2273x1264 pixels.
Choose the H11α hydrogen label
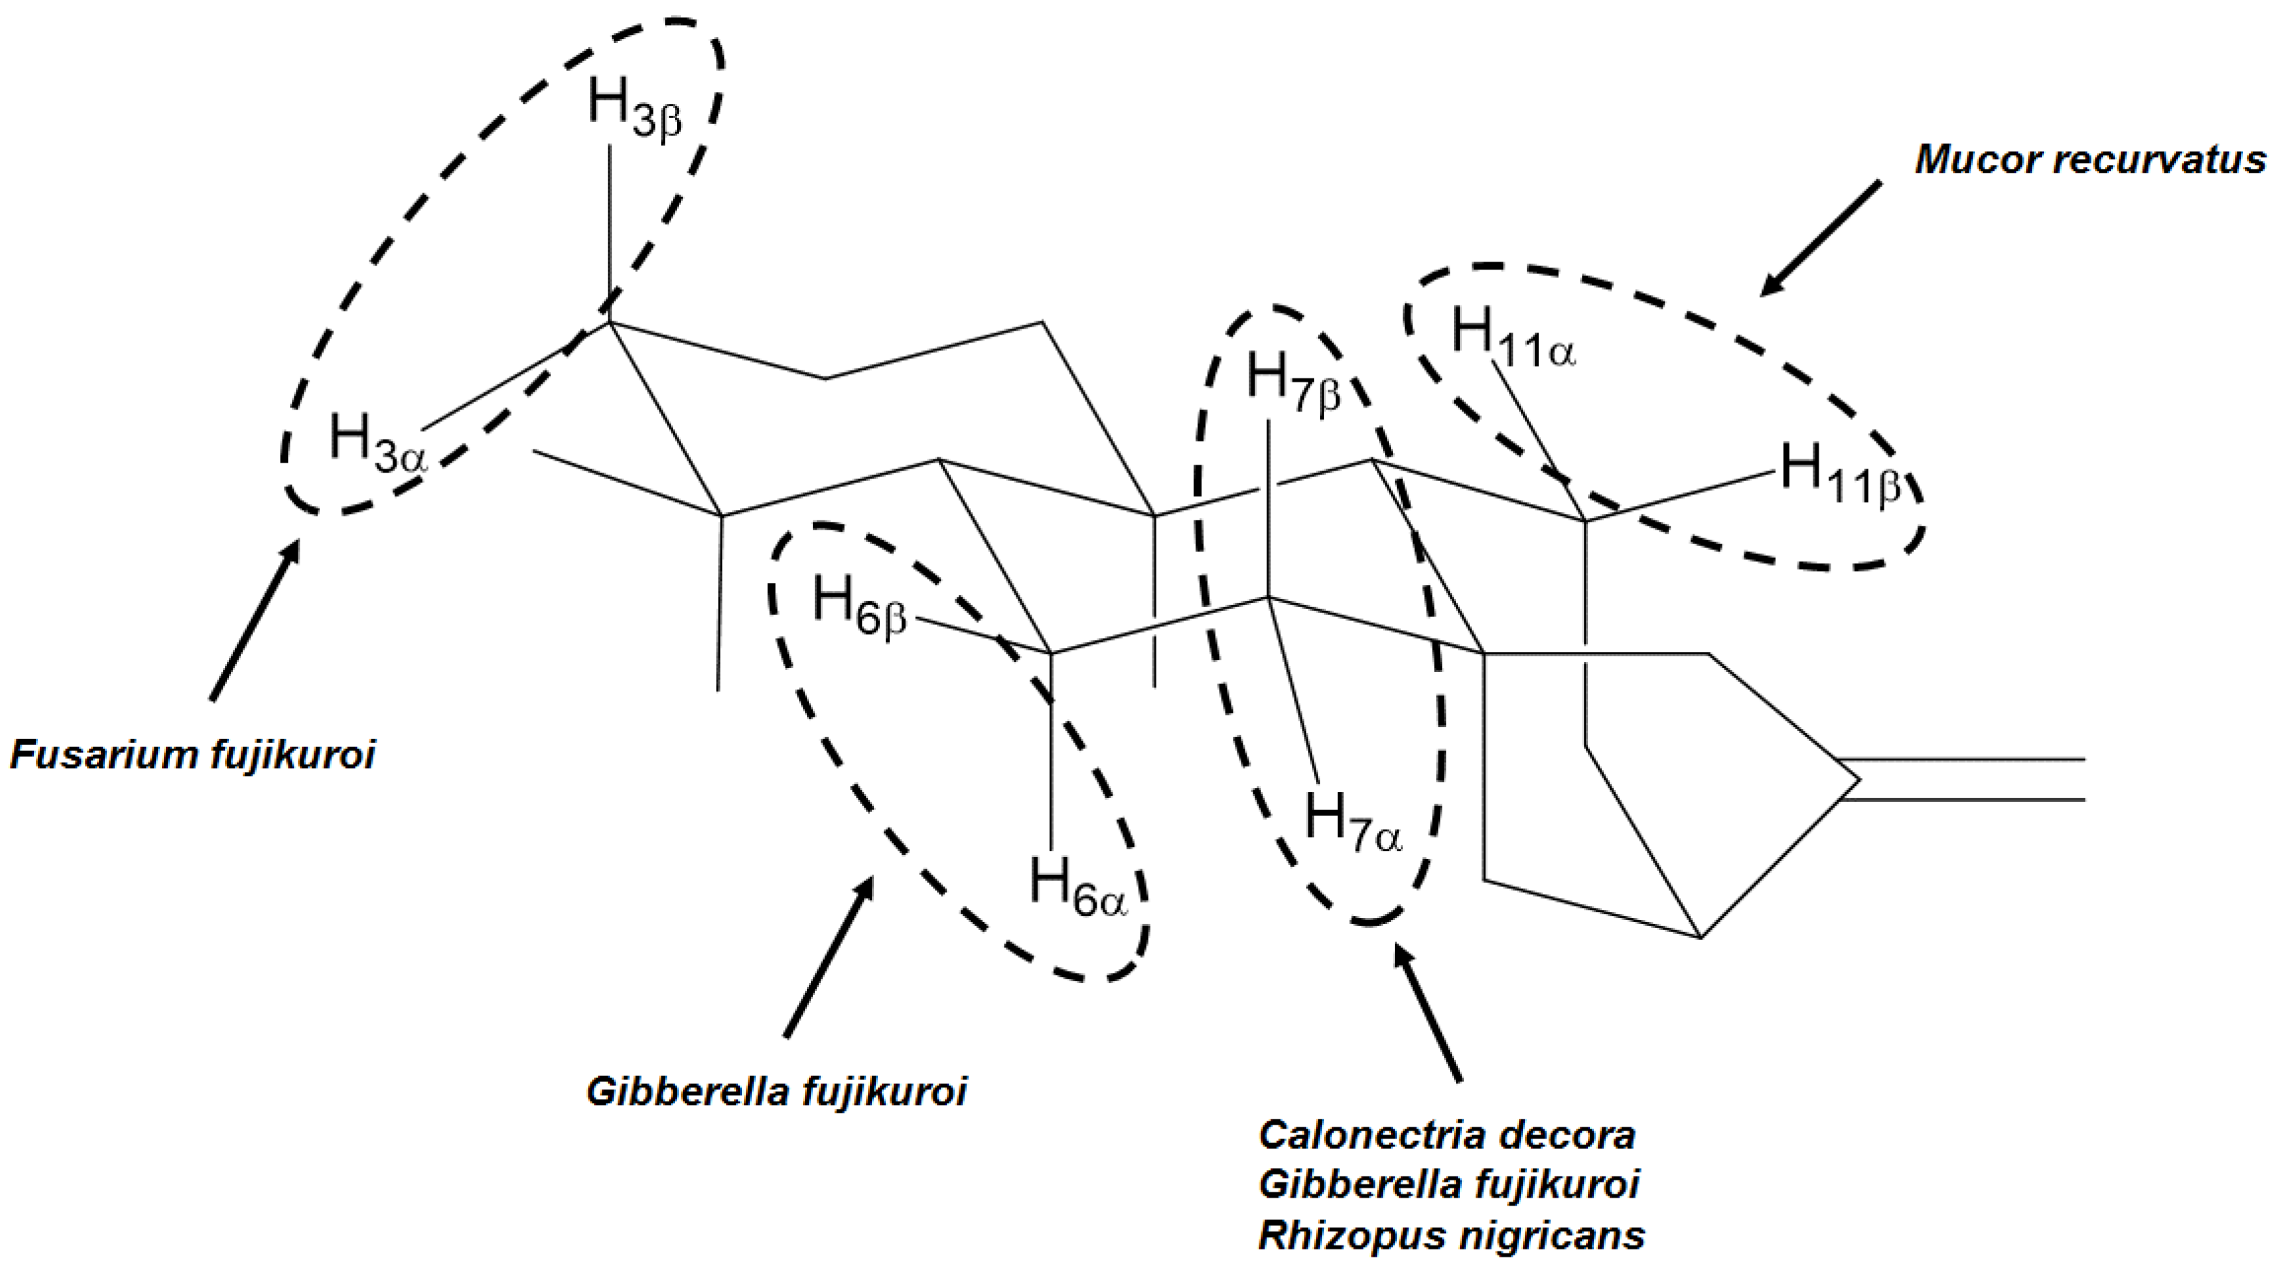(x=1512, y=339)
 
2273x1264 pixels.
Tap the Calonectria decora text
(x=1447, y=1135)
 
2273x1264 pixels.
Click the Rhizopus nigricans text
(x=1451, y=1235)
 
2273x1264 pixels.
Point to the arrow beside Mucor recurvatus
(x=1819, y=238)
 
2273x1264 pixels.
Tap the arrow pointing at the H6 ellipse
(x=828, y=957)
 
